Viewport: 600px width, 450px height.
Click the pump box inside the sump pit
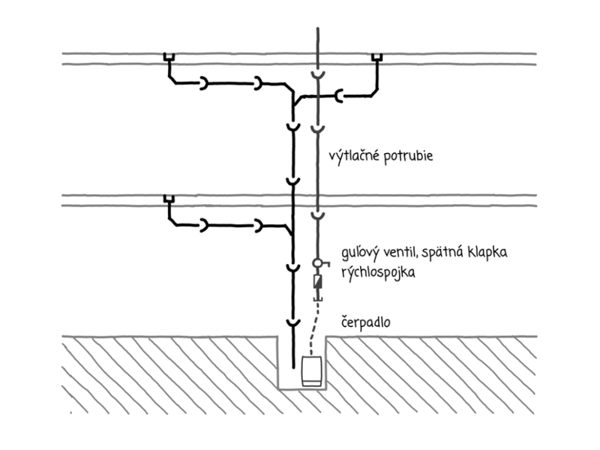312,371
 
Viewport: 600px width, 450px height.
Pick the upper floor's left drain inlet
169,58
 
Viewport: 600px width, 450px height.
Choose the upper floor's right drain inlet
377,58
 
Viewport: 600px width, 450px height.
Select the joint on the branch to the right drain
340,96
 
